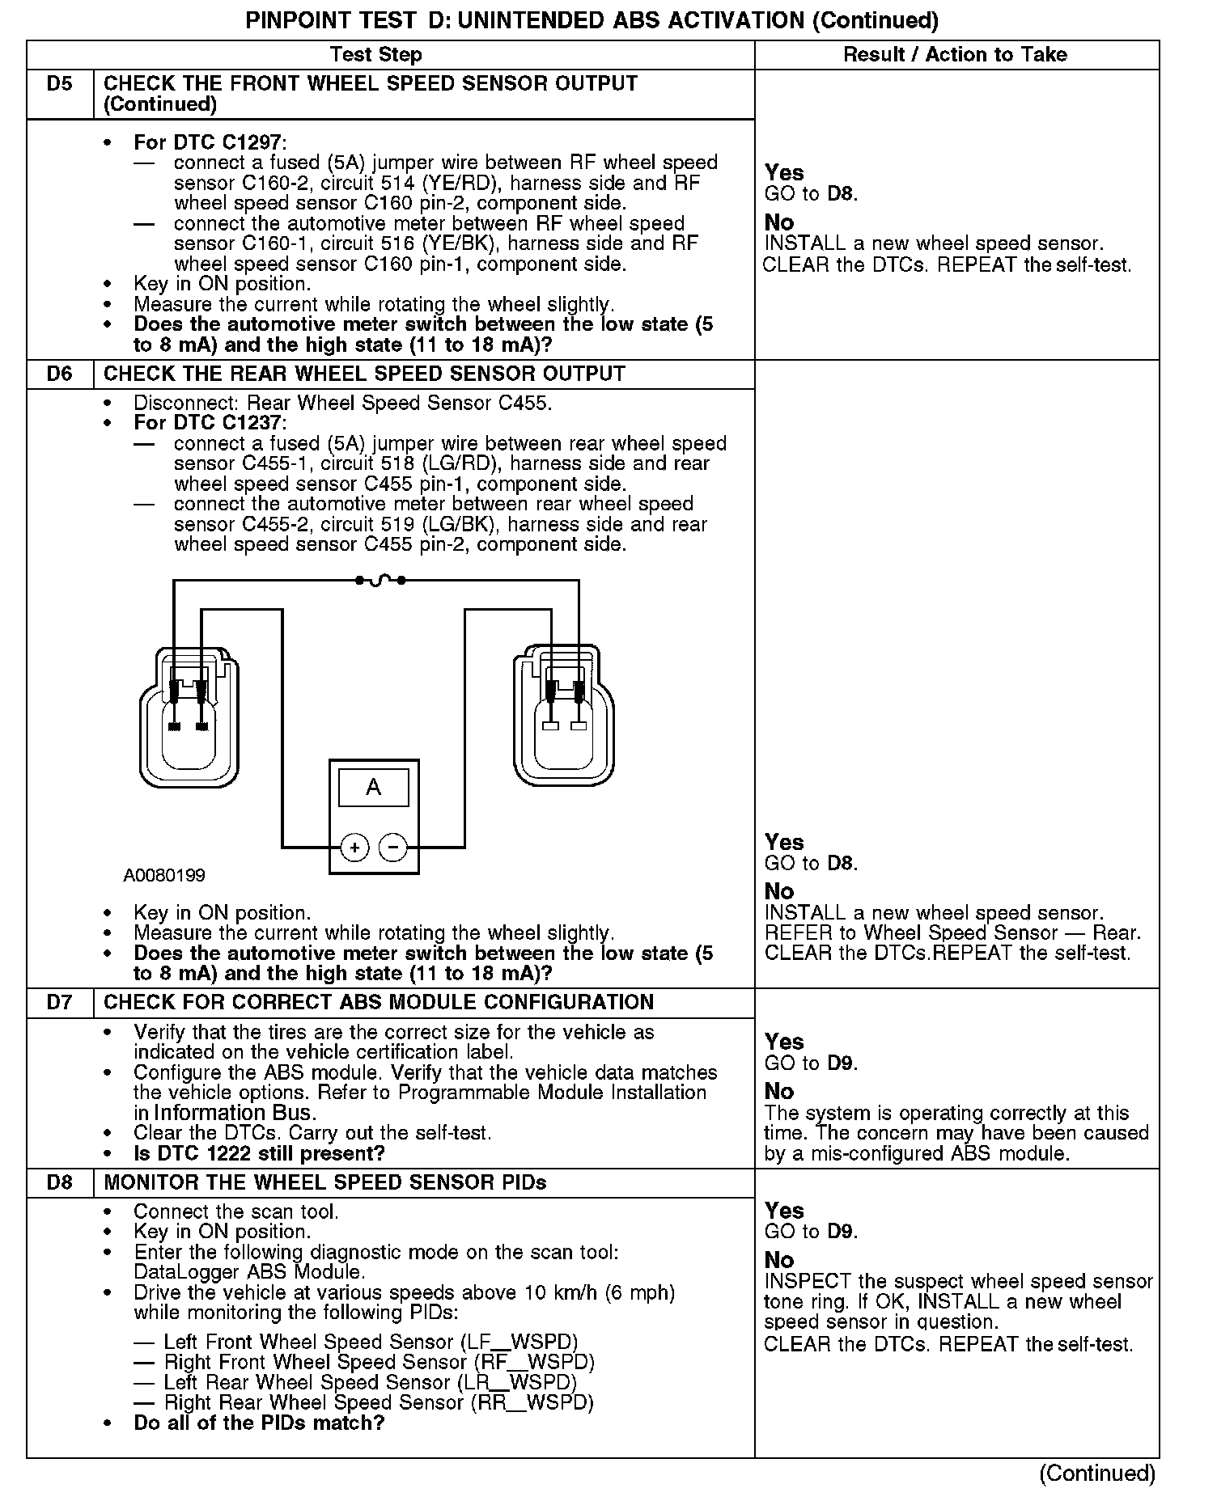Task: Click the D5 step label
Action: coord(59,84)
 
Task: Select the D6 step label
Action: coord(59,374)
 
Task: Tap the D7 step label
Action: coord(59,1003)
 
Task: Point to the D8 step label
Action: coord(59,1183)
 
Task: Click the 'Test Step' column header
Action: coord(375,55)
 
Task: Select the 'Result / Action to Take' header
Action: coord(955,55)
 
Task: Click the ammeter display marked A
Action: coord(373,788)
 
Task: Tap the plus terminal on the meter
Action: coord(354,848)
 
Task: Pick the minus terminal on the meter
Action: coord(393,848)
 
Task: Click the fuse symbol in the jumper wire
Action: coord(380,580)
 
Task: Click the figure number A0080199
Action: coord(164,876)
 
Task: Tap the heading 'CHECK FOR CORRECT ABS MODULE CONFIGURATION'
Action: coord(379,1003)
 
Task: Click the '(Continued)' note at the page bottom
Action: coord(1096,1474)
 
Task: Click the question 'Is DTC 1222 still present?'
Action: coord(259,1153)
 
